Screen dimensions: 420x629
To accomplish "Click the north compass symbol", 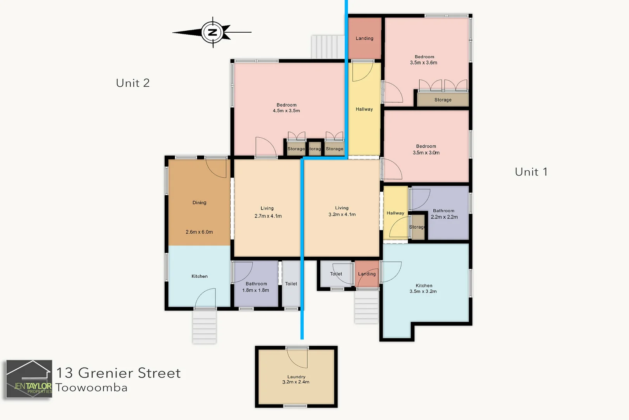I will click(x=212, y=32).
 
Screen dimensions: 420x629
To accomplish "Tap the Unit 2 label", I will click(x=133, y=83).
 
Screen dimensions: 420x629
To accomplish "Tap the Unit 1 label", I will click(x=531, y=172).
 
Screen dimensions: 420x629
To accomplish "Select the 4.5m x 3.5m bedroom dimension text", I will click(x=286, y=111).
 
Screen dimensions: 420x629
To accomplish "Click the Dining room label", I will click(x=199, y=203).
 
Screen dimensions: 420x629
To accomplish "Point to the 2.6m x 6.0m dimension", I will click(x=199, y=232).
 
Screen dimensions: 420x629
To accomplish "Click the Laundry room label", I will click(x=296, y=377).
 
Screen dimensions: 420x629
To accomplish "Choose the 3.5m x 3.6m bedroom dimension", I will click(x=424, y=63).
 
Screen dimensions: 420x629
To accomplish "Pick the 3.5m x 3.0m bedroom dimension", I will click(x=426, y=153).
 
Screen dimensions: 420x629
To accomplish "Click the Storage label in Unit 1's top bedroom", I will click(x=443, y=100).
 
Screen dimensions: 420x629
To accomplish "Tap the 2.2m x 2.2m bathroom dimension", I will click(x=444, y=217).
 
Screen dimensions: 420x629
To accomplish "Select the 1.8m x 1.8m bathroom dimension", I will click(x=255, y=290).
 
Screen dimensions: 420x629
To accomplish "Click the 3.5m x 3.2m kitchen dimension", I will click(x=423, y=291).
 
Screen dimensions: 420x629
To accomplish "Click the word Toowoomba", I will click(x=92, y=388).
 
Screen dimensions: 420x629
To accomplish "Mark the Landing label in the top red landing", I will click(x=364, y=38).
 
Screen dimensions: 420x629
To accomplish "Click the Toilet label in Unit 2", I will click(x=291, y=284).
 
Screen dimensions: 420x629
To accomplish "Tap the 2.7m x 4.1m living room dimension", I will click(x=268, y=216).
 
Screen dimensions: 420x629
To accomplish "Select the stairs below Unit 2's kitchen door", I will click(x=204, y=326).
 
